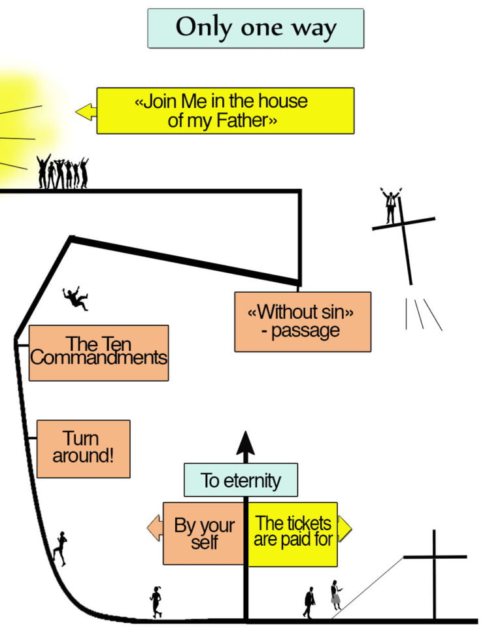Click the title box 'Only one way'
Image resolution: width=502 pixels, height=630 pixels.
pos(255,28)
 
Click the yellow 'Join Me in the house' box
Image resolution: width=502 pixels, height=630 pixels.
pos(225,110)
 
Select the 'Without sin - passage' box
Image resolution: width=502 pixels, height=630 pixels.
pos(302,322)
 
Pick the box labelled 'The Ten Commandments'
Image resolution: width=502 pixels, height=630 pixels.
pos(99,352)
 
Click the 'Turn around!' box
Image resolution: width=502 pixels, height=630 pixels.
pos(83,448)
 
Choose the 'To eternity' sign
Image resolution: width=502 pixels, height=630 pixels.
pos(241,480)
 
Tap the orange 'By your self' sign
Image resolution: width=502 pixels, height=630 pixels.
pos(204,533)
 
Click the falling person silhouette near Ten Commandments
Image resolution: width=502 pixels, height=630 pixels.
pos(76,298)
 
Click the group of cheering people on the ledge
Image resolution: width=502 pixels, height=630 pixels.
pos(62,173)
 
